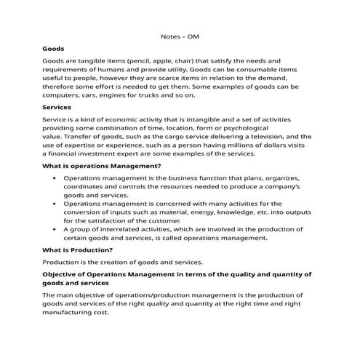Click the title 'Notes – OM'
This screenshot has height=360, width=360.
tap(180, 35)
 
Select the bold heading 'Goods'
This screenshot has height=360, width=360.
tap(54, 48)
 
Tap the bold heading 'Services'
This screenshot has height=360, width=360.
tap(57, 107)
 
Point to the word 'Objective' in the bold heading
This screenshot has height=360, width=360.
tap(65, 274)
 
